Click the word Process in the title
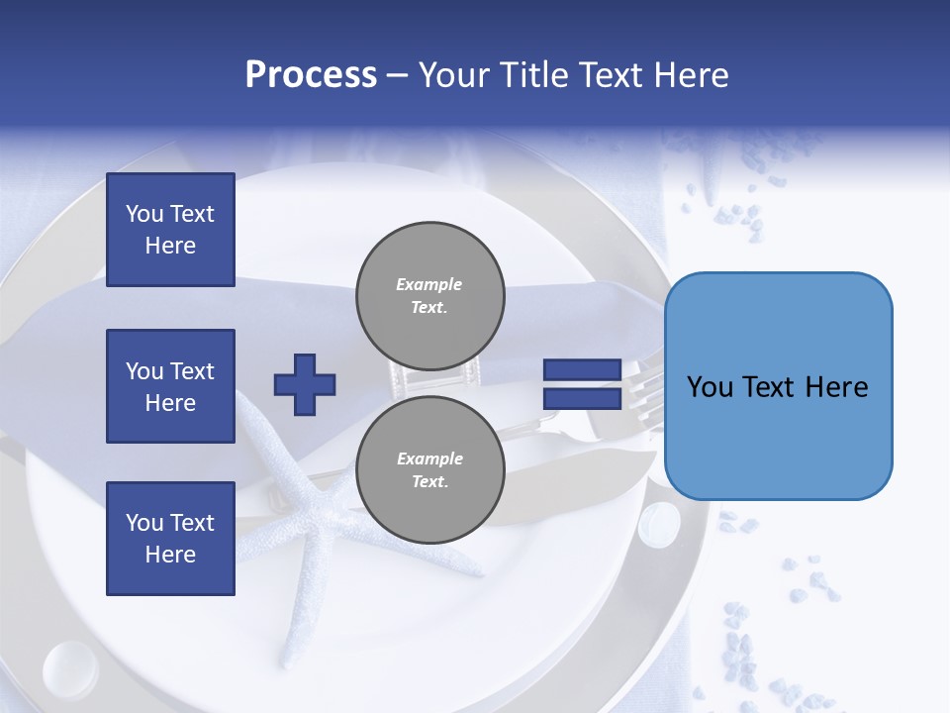[x=311, y=75]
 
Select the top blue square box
[x=171, y=230]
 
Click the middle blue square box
[x=171, y=386]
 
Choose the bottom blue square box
[x=171, y=539]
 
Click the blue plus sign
[x=305, y=385]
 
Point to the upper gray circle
[x=430, y=296]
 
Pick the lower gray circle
[x=430, y=469]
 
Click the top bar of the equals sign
[x=582, y=369]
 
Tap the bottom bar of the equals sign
[x=582, y=399]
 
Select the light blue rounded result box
[x=779, y=386]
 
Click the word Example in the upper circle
[x=428, y=284]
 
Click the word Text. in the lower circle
[x=430, y=481]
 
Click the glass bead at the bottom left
[x=70, y=669]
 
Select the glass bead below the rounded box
[x=659, y=524]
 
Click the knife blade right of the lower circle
[x=576, y=479]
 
